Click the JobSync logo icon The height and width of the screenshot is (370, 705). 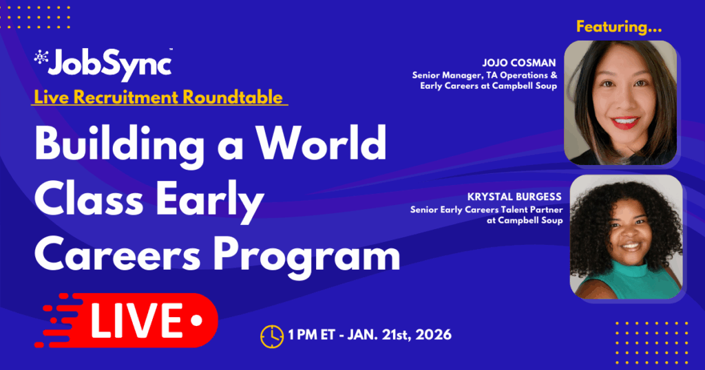(41, 56)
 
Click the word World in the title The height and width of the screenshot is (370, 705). (322, 144)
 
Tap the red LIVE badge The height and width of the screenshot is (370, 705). (127, 320)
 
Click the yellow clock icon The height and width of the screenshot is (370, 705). (272, 336)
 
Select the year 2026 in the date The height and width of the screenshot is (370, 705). (434, 334)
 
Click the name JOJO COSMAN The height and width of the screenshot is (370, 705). (519, 63)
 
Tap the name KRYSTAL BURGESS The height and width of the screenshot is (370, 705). (514, 197)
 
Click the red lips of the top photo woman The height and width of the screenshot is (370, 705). (624, 122)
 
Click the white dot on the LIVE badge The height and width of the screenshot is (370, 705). (197, 320)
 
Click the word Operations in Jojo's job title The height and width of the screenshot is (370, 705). (524, 76)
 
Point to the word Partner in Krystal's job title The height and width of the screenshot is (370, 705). (545, 210)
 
